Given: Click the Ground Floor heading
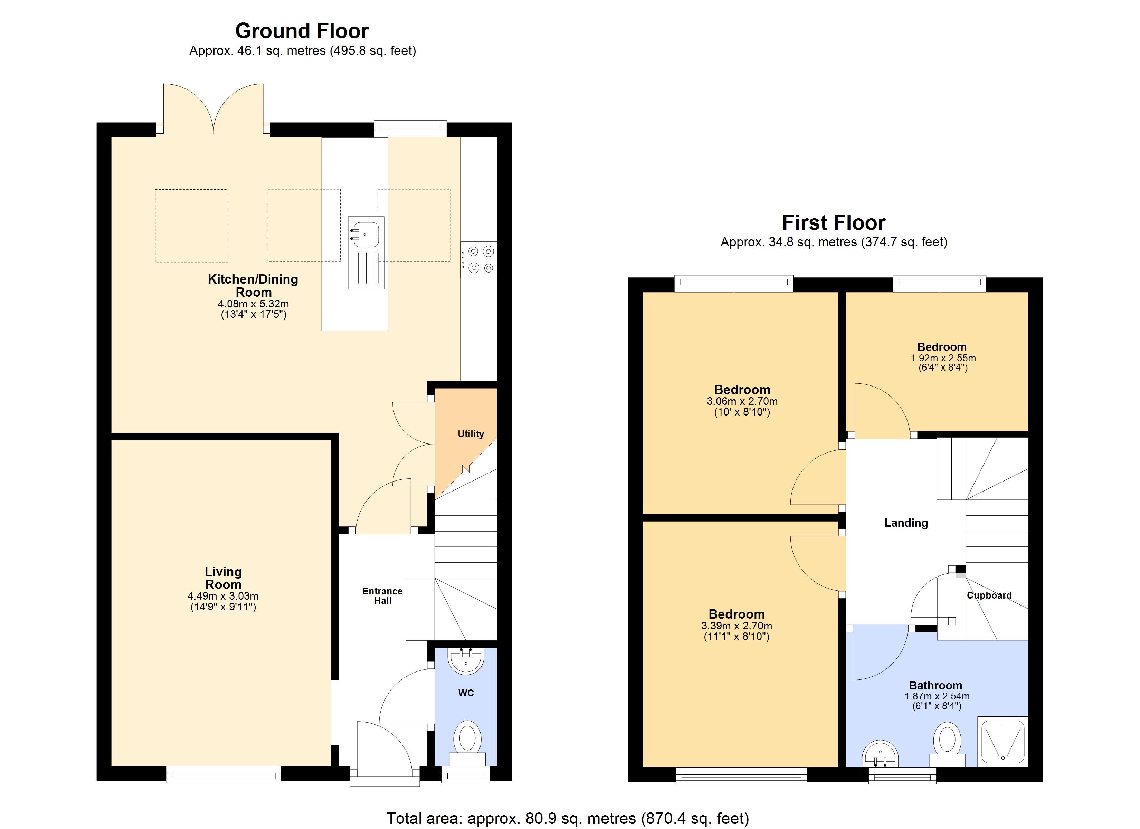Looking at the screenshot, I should [x=302, y=31].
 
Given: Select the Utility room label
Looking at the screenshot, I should [x=471, y=434].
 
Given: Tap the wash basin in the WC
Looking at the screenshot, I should [x=466, y=660].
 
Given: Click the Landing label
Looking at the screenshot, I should [x=906, y=523].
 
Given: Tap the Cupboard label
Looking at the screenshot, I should [x=989, y=595].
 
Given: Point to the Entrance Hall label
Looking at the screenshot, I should [x=382, y=596].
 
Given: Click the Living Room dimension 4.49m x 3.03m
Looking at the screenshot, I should [x=223, y=596].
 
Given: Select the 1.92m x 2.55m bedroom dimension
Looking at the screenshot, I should [x=943, y=358].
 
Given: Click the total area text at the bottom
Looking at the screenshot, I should [x=568, y=818].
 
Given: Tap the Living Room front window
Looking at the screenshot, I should [x=224, y=774].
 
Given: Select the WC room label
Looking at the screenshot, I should [x=466, y=693].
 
